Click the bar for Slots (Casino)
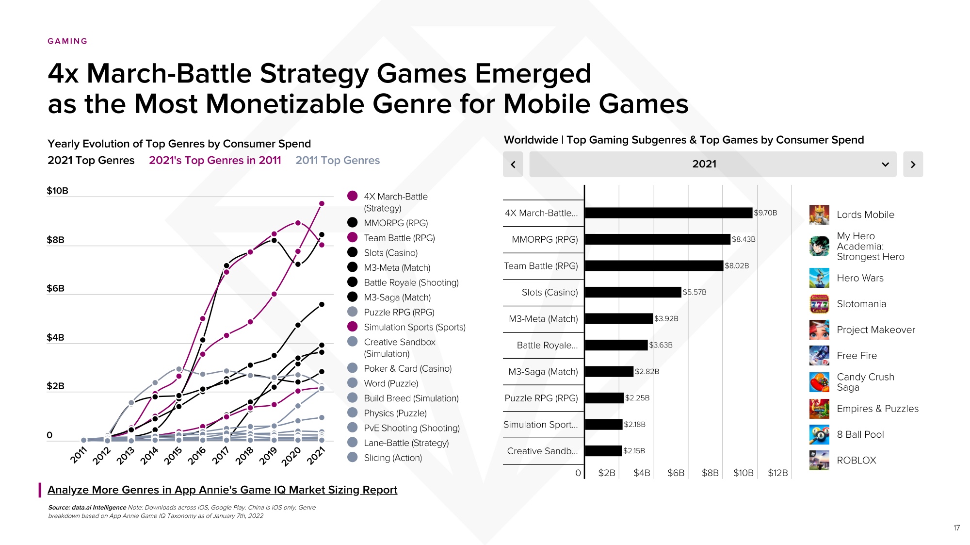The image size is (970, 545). [x=633, y=292]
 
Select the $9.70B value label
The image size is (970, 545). [x=765, y=213]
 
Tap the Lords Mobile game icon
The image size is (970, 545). [x=819, y=215]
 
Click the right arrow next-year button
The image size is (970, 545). [x=913, y=165]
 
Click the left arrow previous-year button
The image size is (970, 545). [x=513, y=165]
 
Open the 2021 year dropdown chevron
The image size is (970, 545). [x=885, y=165]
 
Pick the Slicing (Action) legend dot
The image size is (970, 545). [x=353, y=457]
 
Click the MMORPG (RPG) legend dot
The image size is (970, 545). [x=353, y=223]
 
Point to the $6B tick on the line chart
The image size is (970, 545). [x=55, y=288]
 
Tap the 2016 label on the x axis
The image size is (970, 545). [x=197, y=455]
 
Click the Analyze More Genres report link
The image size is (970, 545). [x=222, y=490]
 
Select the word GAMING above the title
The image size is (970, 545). [x=67, y=41]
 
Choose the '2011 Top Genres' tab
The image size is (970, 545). [x=338, y=161]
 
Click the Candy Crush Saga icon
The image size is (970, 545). [x=819, y=382]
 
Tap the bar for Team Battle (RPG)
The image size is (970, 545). [x=654, y=266]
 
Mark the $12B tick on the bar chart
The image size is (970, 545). [x=777, y=473]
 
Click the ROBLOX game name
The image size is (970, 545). [x=857, y=461]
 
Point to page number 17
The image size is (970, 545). [x=956, y=528]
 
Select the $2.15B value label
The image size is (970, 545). [x=634, y=451]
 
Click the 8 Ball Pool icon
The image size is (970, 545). [x=819, y=434]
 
